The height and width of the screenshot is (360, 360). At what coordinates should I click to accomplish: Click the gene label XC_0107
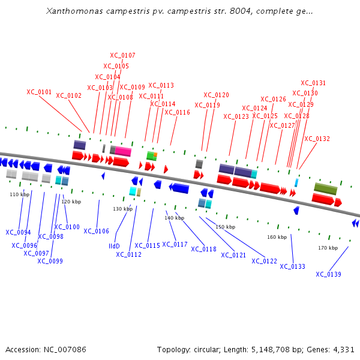coord(122,55)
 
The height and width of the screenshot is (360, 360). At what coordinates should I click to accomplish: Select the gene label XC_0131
coord(313,83)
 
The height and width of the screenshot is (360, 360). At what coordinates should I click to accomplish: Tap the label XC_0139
coord(328,274)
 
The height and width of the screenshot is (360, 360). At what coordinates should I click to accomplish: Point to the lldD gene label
coord(114,246)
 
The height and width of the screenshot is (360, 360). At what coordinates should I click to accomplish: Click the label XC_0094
coord(18,232)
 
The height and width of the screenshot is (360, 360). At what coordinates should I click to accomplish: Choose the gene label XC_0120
coord(216,95)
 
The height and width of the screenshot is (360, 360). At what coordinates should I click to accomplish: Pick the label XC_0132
coord(317,139)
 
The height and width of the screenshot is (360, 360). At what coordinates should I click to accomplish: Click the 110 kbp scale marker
coord(19,194)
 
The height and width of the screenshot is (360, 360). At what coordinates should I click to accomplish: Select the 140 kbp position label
coord(174,218)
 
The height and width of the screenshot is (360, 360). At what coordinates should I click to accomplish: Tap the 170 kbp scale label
coord(328,247)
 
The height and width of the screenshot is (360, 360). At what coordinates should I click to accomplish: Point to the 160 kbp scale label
coord(277,237)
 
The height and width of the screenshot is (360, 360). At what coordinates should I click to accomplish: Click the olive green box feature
coord(325,188)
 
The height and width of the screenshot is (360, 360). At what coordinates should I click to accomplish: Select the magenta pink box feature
coord(123,151)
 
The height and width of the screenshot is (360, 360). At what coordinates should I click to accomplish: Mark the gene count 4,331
coord(343,349)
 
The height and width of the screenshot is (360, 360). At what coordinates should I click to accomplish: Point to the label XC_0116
coord(177,112)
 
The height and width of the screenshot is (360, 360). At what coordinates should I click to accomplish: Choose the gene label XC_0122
coord(264,261)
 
